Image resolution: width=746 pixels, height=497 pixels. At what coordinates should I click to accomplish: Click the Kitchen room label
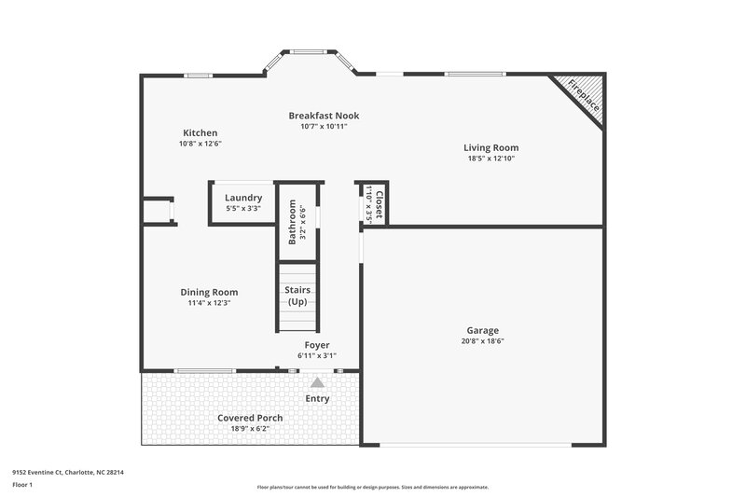click(x=200, y=133)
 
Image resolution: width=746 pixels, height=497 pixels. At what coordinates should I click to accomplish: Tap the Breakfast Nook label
click(x=324, y=116)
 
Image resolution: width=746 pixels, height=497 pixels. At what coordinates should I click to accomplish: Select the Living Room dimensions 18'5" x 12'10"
click(x=491, y=159)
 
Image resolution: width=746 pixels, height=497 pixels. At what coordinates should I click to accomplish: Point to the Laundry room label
click(x=243, y=198)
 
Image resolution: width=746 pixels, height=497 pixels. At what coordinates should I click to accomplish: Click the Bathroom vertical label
click(x=292, y=222)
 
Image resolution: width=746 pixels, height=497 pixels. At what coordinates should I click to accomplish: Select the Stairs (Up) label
click(x=297, y=296)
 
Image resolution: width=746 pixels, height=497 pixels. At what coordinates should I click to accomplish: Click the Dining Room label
click(x=209, y=292)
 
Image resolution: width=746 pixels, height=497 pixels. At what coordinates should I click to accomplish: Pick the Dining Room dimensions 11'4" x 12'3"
click(x=209, y=303)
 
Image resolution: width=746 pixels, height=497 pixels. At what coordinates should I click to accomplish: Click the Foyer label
click(x=317, y=345)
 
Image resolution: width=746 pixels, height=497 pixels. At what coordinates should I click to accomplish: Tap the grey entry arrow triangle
click(x=317, y=381)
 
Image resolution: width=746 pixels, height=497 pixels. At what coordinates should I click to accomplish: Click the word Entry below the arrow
click(x=317, y=399)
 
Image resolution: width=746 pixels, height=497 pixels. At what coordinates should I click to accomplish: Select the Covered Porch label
click(x=250, y=418)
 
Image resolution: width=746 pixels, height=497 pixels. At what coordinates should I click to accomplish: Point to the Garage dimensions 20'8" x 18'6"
click(x=483, y=341)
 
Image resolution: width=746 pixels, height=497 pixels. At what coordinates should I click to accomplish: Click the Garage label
click(x=483, y=330)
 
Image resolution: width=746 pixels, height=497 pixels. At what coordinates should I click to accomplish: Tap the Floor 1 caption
click(x=22, y=485)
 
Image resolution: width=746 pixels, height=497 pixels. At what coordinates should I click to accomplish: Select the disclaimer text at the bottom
click(x=372, y=487)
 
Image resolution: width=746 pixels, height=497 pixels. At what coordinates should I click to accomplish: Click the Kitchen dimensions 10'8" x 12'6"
click(x=200, y=145)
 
